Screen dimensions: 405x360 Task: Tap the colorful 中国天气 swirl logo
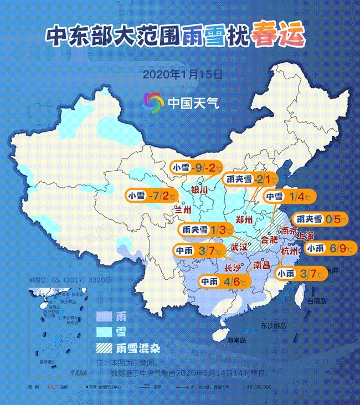pyautogui.click(x=153, y=102)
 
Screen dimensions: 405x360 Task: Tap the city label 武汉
pyautogui.click(x=239, y=247)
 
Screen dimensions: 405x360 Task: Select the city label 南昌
pyautogui.click(x=261, y=265)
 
